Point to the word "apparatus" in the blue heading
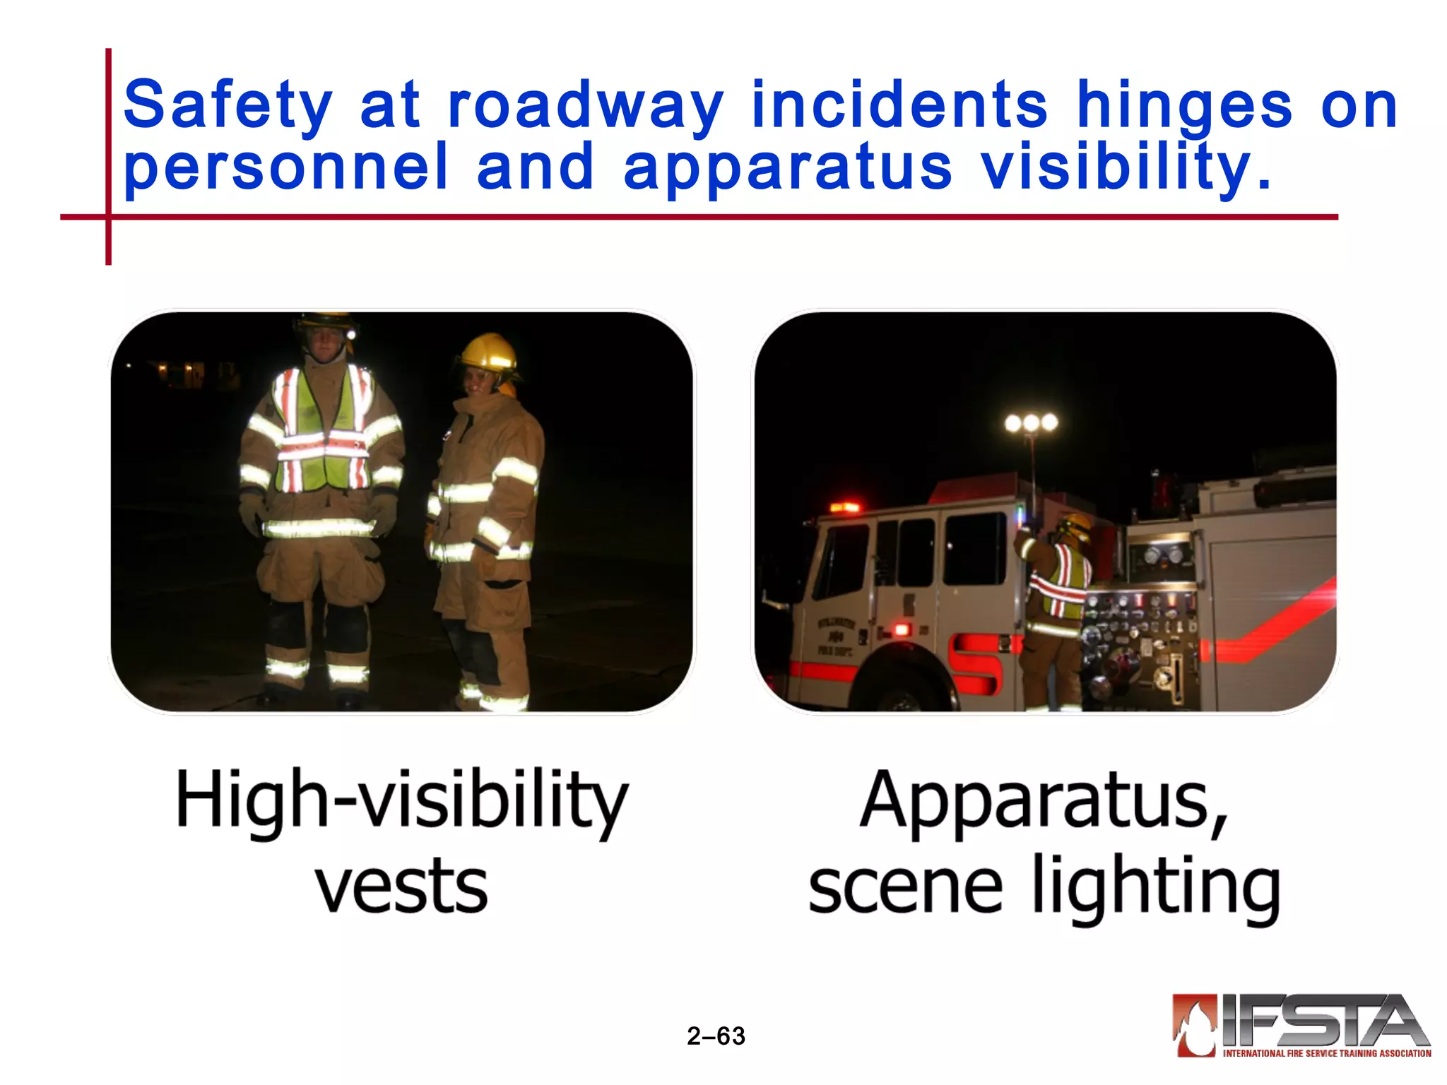tap(788, 168)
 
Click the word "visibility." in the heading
tap(1127, 168)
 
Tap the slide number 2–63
tap(716, 1036)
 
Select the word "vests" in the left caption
tap(401, 886)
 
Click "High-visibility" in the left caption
tap(401, 802)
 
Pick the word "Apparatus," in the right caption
tap(1044, 802)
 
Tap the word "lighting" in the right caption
tap(1157, 886)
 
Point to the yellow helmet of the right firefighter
tap(488, 352)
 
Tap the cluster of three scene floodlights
tap(1031, 423)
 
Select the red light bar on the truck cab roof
tap(844, 507)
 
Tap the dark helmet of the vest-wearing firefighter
tap(324, 323)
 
